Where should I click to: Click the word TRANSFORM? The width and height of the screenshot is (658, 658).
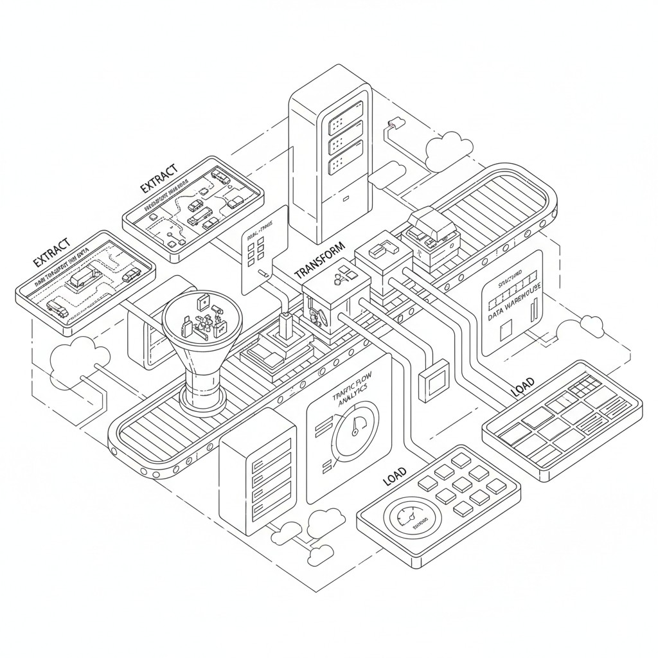(319, 261)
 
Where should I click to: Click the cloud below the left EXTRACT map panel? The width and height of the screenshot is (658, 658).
(80, 360)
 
